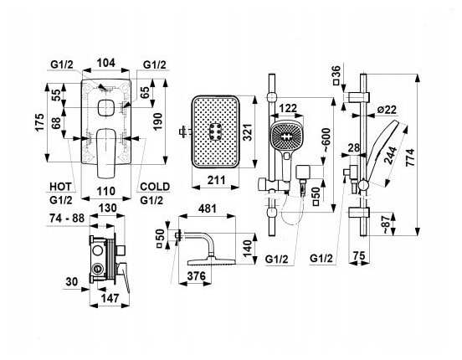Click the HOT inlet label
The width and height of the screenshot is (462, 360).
pos(60,187)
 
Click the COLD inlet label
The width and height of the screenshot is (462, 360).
pos(155,187)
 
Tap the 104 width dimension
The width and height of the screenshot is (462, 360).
pos(106,63)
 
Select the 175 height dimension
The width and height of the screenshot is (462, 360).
pos(39,122)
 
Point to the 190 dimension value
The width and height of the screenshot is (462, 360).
pos(157,121)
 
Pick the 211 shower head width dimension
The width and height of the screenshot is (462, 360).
pos(216,180)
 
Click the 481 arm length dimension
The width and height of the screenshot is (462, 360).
pos(207,208)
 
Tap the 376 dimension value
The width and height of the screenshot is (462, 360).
pos(196,276)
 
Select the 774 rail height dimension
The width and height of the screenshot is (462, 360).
pos(410,158)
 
